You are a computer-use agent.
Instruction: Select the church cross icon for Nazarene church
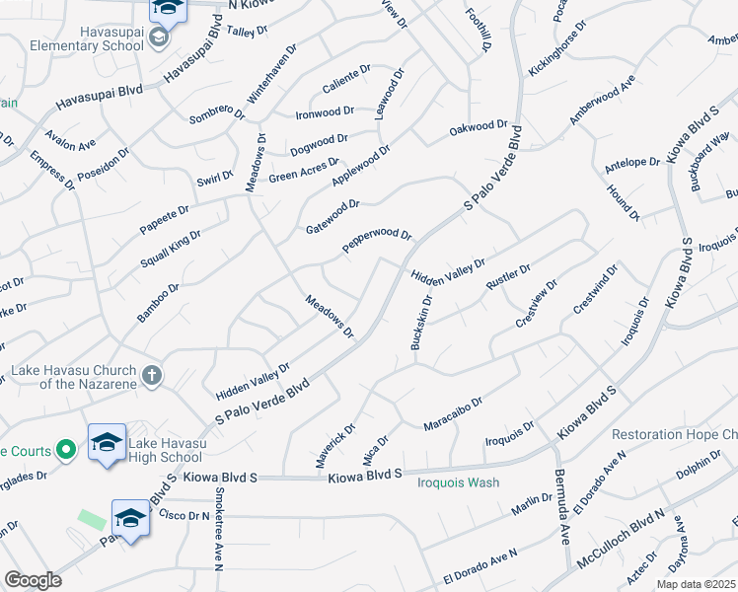coord(151,375)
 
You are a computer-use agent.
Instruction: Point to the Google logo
coord(32,580)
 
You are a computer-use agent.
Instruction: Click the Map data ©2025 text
coord(696,584)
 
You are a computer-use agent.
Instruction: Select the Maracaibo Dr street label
coord(452,414)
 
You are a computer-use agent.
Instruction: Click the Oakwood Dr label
coord(478,127)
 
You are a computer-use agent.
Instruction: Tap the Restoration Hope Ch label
coord(675,434)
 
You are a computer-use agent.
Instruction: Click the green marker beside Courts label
coord(66,451)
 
